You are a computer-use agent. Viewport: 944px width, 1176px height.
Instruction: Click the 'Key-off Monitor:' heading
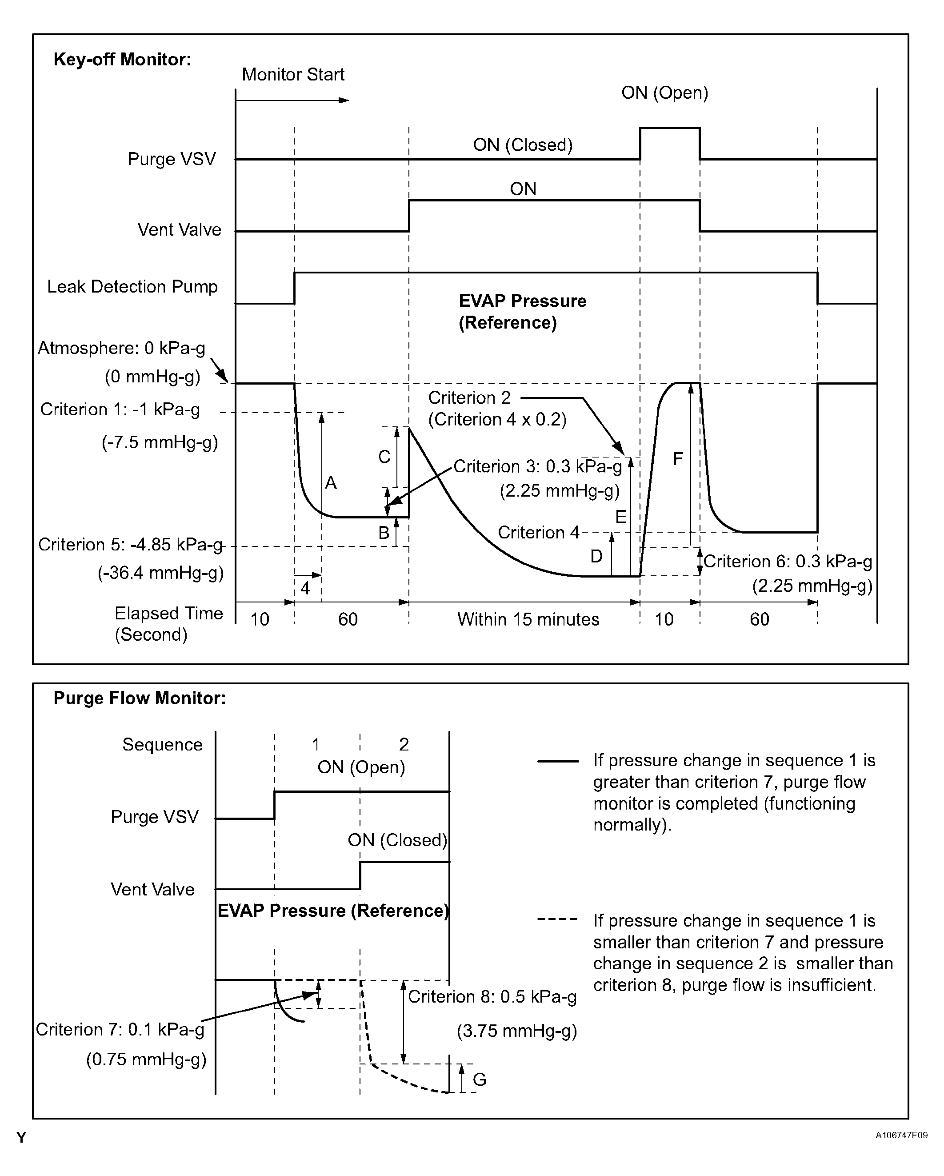(x=122, y=59)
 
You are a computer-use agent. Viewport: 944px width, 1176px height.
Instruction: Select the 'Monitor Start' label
(x=293, y=74)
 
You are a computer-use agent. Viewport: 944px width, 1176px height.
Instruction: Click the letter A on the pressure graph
(x=331, y=483)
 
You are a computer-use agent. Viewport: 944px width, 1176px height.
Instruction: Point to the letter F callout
(x=678, y=459)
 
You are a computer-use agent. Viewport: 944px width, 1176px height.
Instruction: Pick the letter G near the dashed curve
(x=480, y=1080)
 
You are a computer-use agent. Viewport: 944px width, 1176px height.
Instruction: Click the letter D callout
(x=596, y=556)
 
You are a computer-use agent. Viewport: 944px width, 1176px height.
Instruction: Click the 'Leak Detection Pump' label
(x=132, y=286)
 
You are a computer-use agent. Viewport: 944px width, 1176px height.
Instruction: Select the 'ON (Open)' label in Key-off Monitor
(x=664, y=93)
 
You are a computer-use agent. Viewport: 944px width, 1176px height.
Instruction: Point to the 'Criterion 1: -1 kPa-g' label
(x=120, y=409)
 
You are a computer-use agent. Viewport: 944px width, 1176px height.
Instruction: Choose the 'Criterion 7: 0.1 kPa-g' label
(x=120, y=1029)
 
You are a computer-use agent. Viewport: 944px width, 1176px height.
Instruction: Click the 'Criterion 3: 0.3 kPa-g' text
(x=537, y=466)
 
